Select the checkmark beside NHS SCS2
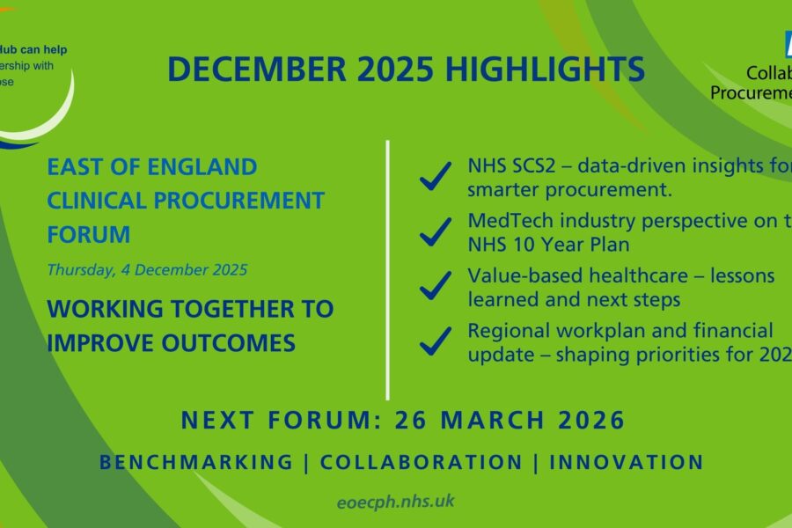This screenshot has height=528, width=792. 436,177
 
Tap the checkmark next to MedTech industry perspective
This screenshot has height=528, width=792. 436,232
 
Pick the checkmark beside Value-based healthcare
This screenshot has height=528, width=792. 436,287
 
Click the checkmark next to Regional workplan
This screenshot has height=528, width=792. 436,341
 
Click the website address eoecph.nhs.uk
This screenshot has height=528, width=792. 395,502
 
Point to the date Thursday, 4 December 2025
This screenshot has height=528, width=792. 147,270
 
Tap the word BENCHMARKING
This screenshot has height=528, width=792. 196,462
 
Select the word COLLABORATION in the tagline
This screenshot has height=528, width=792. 421,462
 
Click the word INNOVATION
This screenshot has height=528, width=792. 627,462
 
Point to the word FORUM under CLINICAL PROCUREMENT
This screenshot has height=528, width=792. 88,235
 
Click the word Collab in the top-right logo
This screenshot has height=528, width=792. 756,73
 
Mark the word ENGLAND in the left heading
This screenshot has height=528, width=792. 199,166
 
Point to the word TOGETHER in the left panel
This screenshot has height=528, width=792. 209,309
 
